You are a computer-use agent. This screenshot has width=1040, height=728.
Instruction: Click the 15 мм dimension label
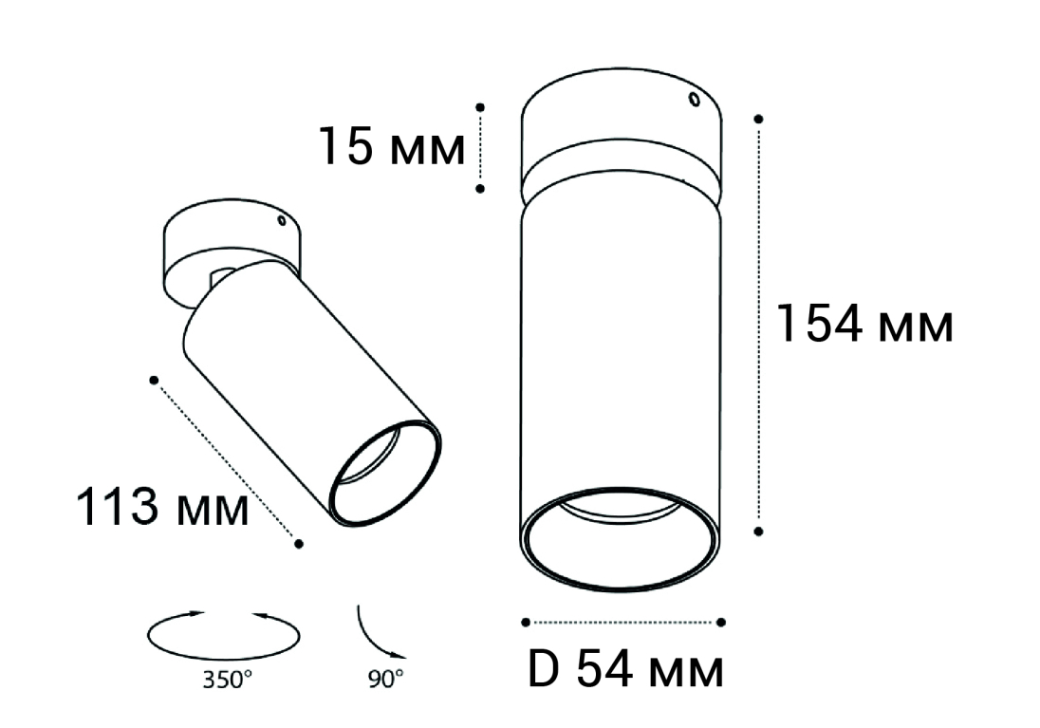392,147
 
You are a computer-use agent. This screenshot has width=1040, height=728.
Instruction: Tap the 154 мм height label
864,324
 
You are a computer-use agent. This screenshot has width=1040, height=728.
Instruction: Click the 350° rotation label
228,681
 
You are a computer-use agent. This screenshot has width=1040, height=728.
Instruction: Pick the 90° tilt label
385,679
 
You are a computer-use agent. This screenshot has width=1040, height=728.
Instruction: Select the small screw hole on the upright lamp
694,100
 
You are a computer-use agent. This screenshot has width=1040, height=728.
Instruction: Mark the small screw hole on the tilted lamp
281,219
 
